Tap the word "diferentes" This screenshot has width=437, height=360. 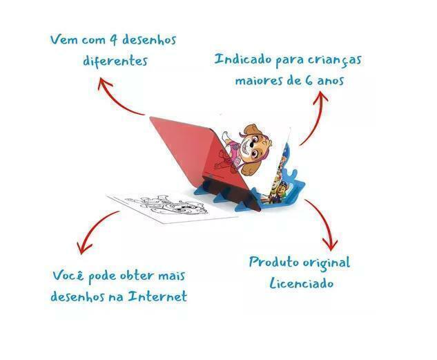(115, 60)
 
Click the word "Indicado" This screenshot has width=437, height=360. (242, 59)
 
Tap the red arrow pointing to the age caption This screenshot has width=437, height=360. (314, 117)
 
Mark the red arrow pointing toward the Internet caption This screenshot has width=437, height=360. (97, 231)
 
